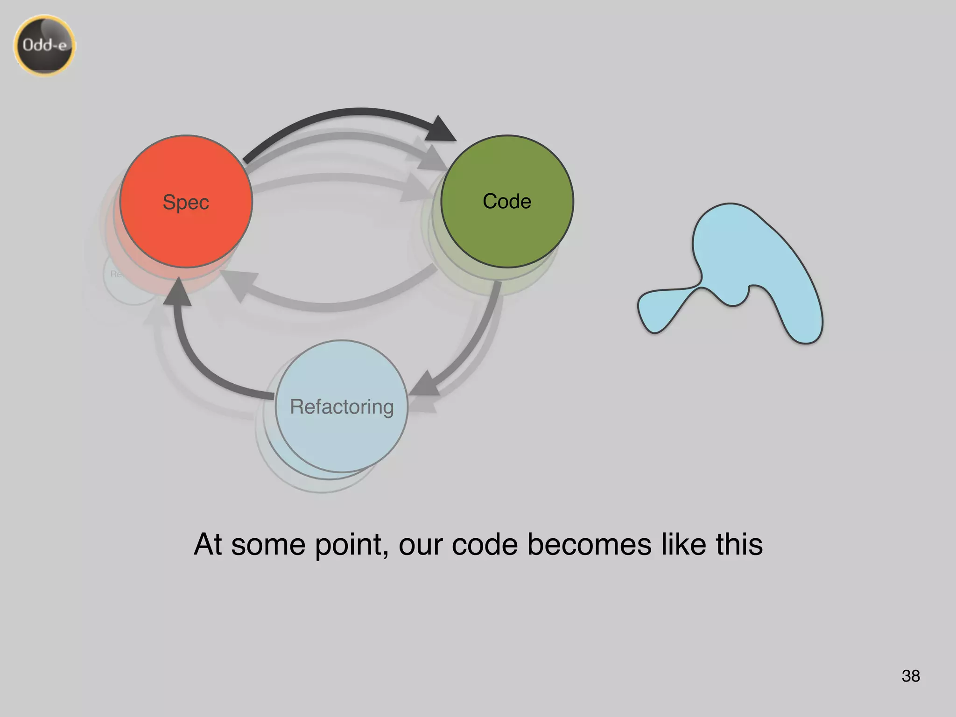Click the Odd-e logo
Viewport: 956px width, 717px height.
tap(44, 45)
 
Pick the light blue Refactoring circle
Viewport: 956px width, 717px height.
tap(342, 439)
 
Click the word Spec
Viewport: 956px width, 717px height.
tap(186, 202)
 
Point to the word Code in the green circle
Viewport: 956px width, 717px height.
tap(507, 201)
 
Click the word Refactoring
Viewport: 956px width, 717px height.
tap(342, 407)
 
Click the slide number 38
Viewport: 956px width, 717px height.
tap(911, 675)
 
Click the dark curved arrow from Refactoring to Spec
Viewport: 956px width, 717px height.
tap(196, 364)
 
